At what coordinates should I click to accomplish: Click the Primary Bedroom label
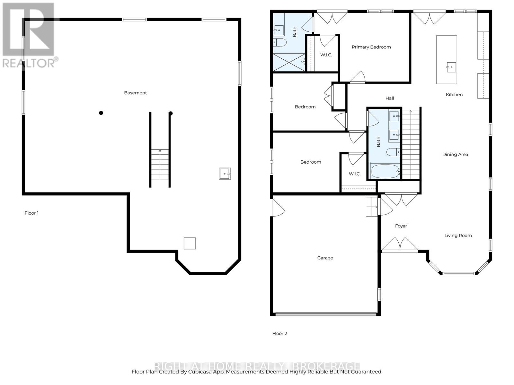point(371,47)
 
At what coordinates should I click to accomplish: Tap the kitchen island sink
point(451,67)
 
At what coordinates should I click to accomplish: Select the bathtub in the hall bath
point(385,171)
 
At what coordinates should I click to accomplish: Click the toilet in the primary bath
point(280,42)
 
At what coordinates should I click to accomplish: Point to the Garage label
point(325,258)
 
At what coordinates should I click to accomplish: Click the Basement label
point(135,93)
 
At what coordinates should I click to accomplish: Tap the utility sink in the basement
point(225,174)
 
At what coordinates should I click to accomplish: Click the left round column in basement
point(101,113)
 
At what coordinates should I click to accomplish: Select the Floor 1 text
point(31,213)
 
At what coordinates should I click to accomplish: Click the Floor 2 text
point(279,333)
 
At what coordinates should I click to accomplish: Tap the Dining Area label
point(455,155)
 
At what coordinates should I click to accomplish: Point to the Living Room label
point(458,236)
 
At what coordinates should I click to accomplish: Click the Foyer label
point(401,226)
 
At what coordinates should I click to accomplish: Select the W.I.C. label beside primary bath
point(326,55)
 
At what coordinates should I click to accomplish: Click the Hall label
point(389,98)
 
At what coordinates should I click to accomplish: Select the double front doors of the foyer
point(400,244)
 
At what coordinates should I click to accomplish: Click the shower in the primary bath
point(288,62)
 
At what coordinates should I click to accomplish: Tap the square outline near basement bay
point(190,243)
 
